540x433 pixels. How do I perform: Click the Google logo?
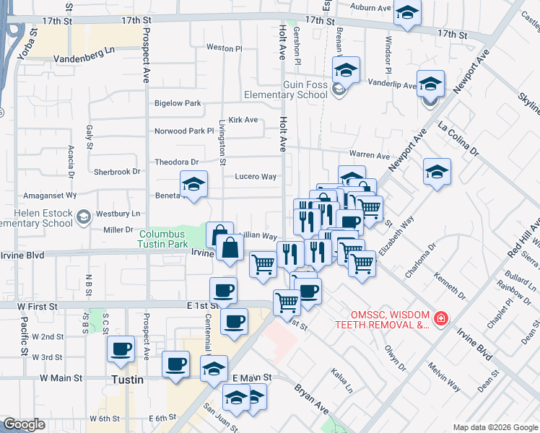click(24, 424)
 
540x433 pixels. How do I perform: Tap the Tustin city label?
click(128, 380)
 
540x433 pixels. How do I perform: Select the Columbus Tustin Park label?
click(162, 238)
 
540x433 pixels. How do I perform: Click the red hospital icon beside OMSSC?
click(440, 318)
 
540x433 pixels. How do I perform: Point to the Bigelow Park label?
click(178, 103)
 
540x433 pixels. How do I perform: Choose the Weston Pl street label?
click(224, 48)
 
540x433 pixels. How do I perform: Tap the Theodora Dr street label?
click(176, 162)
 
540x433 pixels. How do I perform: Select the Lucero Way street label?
click(256, 176)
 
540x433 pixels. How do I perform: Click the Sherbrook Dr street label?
click(117, 172)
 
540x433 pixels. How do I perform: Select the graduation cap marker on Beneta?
click(193, 185)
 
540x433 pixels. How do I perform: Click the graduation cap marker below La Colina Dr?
click(437, 172)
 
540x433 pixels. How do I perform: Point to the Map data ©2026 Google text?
click(495, 427)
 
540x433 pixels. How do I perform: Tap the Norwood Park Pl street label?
click(185, 131)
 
